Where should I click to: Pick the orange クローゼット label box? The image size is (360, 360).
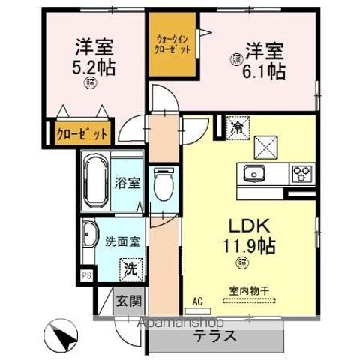coord(82,133)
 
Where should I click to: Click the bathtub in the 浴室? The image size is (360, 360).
coord(96,182)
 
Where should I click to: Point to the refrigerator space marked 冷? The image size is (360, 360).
coord(235,127)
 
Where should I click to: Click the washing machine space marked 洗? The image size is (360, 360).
coord(132,266)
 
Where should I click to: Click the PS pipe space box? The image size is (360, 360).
coord(86,275)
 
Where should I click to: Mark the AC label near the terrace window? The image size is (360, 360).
coord(198,301)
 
